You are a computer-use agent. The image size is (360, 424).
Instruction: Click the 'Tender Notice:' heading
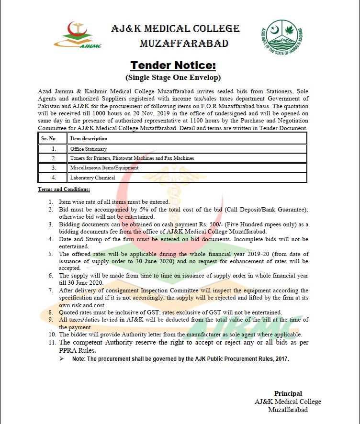click(x=173, y=65)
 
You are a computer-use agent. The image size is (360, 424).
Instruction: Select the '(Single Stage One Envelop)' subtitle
click(x=173, y=77)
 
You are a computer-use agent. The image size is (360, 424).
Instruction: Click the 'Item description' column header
click(x=89, y=139)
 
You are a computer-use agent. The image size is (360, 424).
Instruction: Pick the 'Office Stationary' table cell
click(x=89, y=149)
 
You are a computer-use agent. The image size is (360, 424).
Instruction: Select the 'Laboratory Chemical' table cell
click(x=93, y=178)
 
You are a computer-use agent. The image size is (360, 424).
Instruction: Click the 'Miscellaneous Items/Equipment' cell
click(x=104, y=168)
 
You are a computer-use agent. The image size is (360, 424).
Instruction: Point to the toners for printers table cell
click(x=132, y=158)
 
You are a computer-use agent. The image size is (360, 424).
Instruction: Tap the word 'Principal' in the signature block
click(x=288, y=393)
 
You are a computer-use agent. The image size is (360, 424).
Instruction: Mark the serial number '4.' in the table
click(x=54, y=178)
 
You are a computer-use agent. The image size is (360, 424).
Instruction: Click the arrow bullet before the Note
click(x=61, y=358)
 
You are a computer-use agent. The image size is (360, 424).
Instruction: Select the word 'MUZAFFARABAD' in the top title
click(x=184, y=44)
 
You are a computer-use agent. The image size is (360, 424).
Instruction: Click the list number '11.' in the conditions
click(x=51, y=342)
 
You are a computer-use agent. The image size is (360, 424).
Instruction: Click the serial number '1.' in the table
click(x=54, y=149)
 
